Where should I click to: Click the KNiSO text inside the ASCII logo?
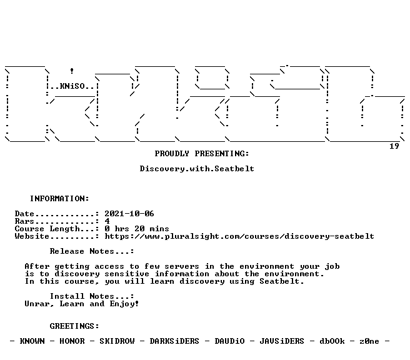tap(72, 86)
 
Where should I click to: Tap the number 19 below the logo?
tap(394, 146)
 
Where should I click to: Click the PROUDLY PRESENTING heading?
tap(202, 154)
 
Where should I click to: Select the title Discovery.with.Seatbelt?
tap(197, 169)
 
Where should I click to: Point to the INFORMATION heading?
tap(59, 199)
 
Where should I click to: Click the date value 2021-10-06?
tap(129, 214)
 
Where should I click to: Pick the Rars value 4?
tap(107, 221)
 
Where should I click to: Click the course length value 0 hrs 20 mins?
tap(137, 229)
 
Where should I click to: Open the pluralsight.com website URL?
tap(239, 236)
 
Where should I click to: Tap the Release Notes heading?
tap(92, 251)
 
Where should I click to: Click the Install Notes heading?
tap(92, 296)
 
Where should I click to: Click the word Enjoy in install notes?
tap(122, 304)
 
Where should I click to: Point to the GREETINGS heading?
tap(74, 326)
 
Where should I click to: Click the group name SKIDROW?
tap(117, 341)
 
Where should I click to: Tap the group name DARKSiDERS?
tap(174, 341)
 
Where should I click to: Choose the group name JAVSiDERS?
tap(282, 341)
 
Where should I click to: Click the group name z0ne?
tap(369, 341)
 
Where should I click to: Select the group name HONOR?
tap(72, 341)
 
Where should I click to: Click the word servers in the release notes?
tap(182, 266)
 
